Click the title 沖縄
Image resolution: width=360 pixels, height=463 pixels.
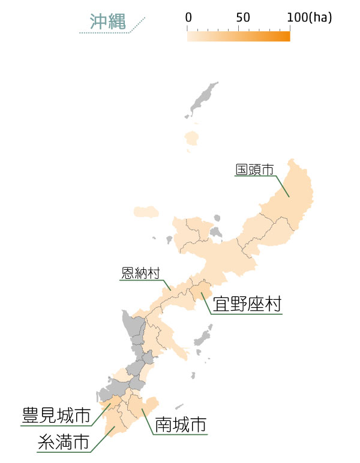(107, 22)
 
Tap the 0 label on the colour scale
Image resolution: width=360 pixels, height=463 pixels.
(188, 17)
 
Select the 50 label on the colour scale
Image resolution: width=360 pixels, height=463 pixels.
(243, 17)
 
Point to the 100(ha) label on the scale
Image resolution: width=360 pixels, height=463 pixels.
(310, 17)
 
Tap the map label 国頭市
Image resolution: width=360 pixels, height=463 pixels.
(254, 170)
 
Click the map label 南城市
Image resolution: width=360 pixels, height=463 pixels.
(181, 425)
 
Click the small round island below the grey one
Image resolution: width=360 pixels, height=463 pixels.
(192, 139)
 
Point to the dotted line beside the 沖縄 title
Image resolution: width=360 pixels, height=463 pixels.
(114, 32)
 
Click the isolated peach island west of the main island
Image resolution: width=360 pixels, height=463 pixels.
(146, 211)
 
